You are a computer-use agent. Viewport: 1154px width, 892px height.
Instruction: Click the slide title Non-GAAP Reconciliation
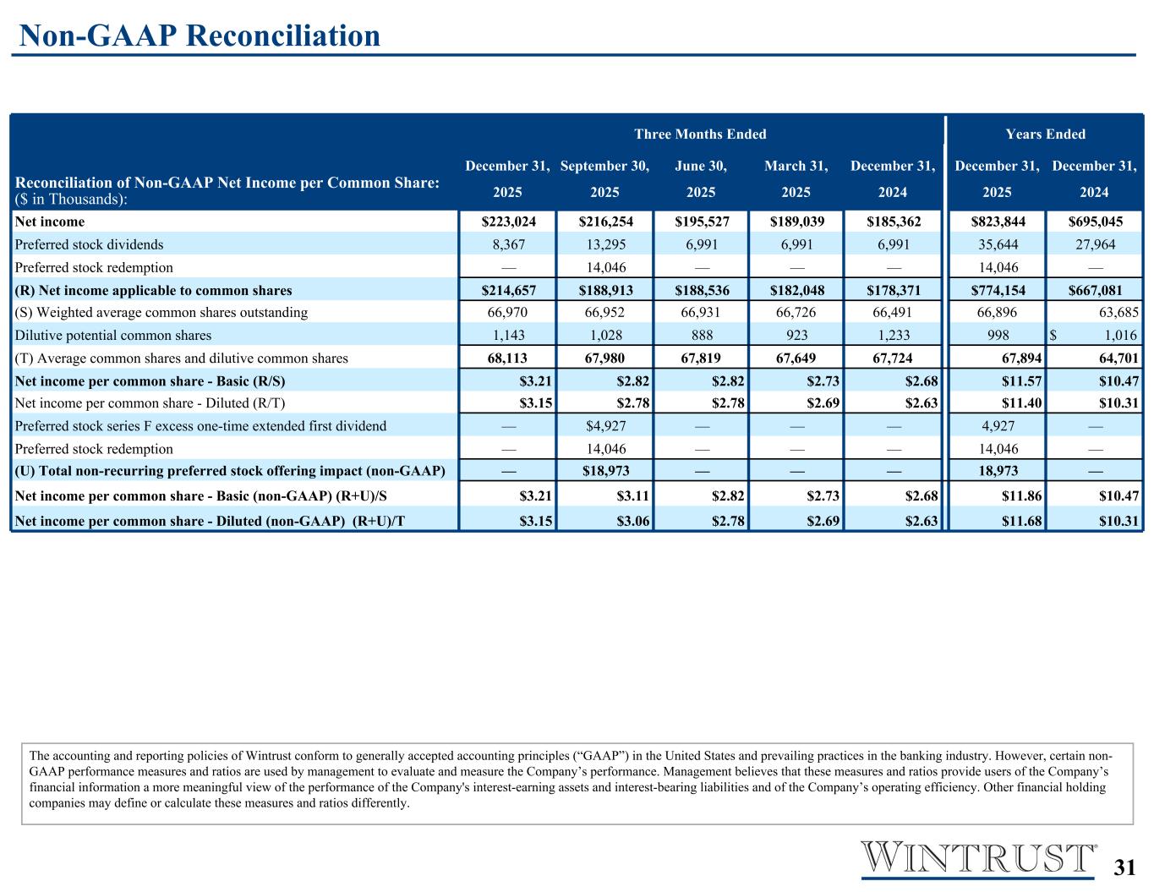pyautogui.click(x=200, y=36)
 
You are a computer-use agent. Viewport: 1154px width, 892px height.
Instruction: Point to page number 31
pyautogui.click(x=1124, y=867)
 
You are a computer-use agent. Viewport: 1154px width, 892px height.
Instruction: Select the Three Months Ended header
pyautogui.click(x=700, y=134)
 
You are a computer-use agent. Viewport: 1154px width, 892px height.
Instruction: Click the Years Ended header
pyautogui.click(x=1045, y=134)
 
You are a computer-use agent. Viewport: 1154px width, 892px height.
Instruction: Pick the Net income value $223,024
pyautogui.click(x=508, y=222)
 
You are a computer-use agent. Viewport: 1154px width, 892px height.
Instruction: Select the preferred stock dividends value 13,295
pyautogui.click(x=604, y=245)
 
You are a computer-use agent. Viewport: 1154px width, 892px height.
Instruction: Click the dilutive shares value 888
pyautogui.click(x=701, y=336)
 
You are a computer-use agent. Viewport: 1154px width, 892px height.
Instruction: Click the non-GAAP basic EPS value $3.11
pyautogui.click(x=633, y=495)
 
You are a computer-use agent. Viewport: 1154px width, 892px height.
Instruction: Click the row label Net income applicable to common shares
pyautogui.click(x=154, y=290)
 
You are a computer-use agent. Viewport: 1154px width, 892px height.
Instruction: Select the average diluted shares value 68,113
pyautogui.click(x=508, y=358)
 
